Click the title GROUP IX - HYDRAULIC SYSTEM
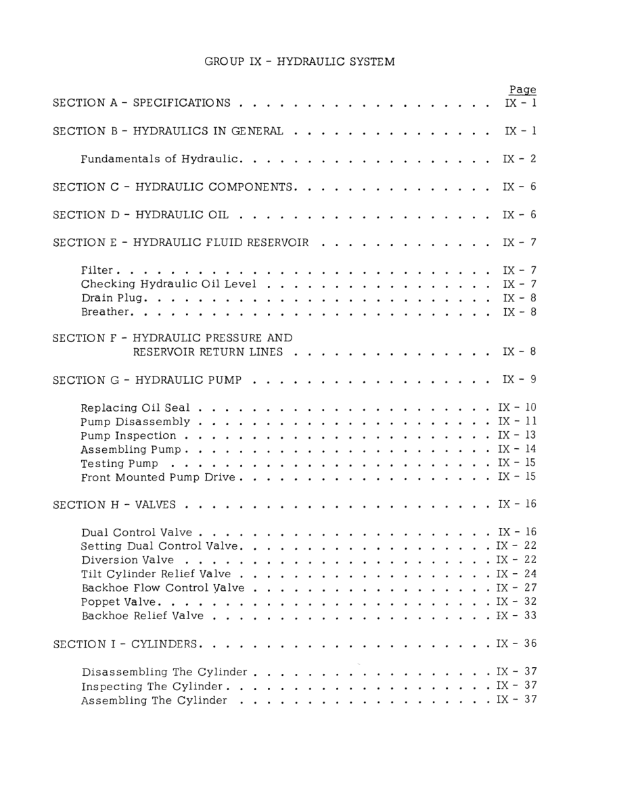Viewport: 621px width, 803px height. click(x=300, y=62)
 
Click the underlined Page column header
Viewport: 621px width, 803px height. click(x=522, y=89)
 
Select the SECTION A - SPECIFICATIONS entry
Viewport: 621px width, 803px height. click(x=141, y=103)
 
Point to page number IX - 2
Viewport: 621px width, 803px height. click(x=520, y=159)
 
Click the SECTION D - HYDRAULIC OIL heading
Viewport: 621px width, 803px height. click(x=140, y=215)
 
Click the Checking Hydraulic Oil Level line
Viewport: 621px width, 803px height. click(x=168, y=284)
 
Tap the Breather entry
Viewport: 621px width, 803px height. click(x=106, y=312)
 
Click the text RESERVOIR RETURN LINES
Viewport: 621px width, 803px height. click(x=208, y=352)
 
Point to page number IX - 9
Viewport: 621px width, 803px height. click(x=520, y=380)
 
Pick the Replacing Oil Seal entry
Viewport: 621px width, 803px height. click(x=135, y=408)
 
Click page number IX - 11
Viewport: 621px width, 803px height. click(x=517, y=422)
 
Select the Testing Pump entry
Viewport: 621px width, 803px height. click(x=120, y=464)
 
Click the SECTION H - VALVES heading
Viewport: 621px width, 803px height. click(x=114, y=505)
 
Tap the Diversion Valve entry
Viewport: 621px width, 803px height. click(x=127, y=560)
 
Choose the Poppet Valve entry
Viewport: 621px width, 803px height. click(x=120, y=602)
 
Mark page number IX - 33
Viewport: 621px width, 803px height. click(x=517, y=616)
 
